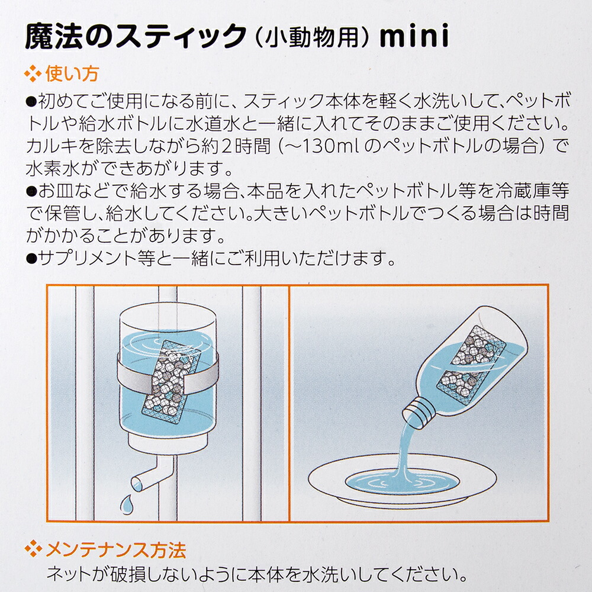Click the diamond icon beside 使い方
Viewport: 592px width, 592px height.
pos(33,73)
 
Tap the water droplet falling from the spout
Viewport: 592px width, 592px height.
pos(126,503)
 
